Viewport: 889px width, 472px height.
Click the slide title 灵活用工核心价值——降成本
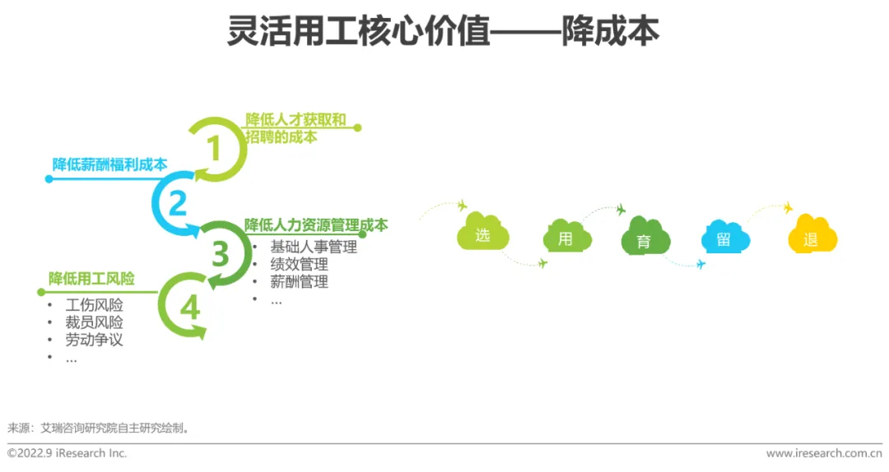point(444,32)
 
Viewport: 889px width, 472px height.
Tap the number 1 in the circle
point(214,149)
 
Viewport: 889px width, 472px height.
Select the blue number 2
point(178,203)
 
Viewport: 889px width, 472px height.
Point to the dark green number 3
point(220,255)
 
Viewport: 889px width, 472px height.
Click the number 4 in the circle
point(190,308)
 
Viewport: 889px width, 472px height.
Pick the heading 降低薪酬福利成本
point(109,164)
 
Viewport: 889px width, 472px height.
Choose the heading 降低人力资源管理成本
point(316,225)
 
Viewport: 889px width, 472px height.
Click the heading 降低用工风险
point(91,279)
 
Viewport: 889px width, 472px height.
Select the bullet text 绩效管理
point(299,264)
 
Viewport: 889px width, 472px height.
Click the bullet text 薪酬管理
point(299,282)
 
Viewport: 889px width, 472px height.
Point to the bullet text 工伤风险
point(94,305)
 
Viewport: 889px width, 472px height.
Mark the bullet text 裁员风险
point(94,322)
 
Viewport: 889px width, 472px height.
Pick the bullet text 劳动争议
point(94,340)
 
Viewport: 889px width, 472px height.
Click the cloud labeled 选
point(482,236)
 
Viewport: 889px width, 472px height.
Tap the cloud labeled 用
point(566,238)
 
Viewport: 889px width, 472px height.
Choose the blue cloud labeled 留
point(724,239)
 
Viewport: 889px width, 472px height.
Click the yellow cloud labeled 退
point(811,239)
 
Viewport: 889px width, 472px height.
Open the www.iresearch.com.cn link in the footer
point(823,453)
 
